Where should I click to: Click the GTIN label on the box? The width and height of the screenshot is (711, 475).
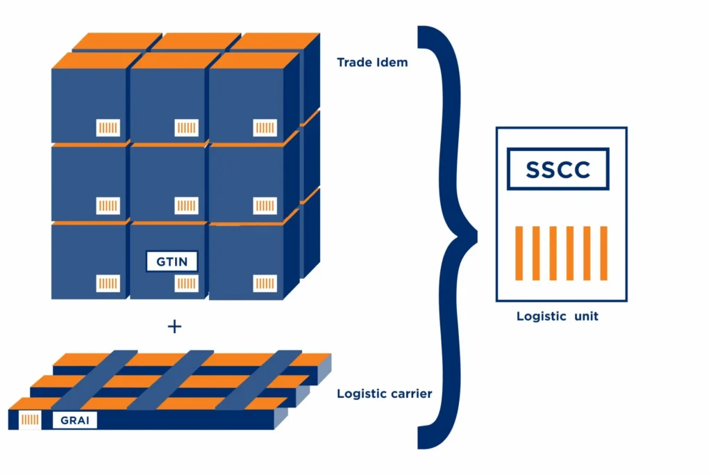(172, 261)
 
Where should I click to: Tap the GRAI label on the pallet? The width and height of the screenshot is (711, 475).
(74, 420)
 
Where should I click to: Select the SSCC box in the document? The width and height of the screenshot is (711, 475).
(558, 170)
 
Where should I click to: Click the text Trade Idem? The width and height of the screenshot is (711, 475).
(372, 63)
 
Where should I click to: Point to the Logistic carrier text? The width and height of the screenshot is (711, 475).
(385, 394)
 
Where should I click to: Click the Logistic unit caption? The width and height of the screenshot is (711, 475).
(557, 316)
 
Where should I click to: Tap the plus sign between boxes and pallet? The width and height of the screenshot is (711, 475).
(174, 326)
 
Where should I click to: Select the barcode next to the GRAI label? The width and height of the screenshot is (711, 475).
(31, 420)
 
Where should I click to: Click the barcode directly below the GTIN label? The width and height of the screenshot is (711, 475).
(186, 283)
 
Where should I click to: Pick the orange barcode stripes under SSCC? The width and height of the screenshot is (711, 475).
(561, 253)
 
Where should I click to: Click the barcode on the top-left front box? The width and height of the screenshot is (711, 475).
(108, 128)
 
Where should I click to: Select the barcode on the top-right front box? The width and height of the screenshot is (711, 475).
(265, 128)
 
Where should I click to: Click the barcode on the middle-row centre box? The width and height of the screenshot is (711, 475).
(186, 206)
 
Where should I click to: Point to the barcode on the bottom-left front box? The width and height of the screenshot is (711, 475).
(108, 283)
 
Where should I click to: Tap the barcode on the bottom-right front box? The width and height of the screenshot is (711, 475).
(265, 283)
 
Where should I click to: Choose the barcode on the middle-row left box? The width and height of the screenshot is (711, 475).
(108, 206)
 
